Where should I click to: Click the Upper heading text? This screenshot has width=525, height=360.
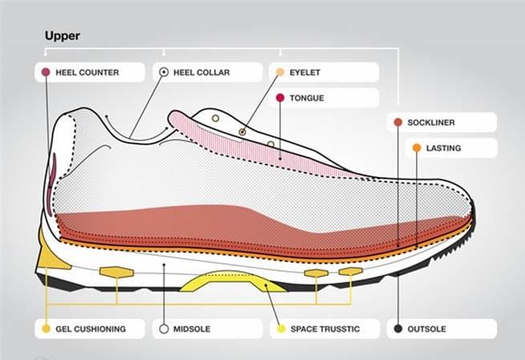click(63, 36)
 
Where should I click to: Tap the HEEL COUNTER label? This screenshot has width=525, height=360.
click(87, 72)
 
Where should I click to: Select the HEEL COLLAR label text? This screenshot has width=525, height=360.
click(201, 72)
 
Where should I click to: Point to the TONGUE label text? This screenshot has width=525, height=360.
click(307, 98)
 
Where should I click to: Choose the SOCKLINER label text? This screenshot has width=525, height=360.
click(431, 123)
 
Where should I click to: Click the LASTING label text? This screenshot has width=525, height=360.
click(443, 148)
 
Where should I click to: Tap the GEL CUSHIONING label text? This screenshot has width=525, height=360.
click(91, 329)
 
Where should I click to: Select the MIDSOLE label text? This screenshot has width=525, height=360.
click(192, 329)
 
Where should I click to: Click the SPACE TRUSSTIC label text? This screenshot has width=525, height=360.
click(325, 329)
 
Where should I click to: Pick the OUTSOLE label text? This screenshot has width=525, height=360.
click(426, 329)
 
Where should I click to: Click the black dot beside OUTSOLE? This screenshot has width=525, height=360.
click(398, 329)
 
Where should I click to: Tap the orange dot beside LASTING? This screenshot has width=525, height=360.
click(417, 148)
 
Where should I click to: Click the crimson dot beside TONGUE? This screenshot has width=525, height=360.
click(281, 98)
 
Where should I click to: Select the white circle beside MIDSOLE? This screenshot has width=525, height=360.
click(164, 329)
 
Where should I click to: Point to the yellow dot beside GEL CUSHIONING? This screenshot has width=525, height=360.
click(46, 329)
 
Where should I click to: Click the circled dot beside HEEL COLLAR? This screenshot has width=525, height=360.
click(164, 72)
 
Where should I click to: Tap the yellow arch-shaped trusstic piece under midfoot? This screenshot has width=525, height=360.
click(232, 281)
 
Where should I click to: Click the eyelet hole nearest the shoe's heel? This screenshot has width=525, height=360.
click(216, 118)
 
